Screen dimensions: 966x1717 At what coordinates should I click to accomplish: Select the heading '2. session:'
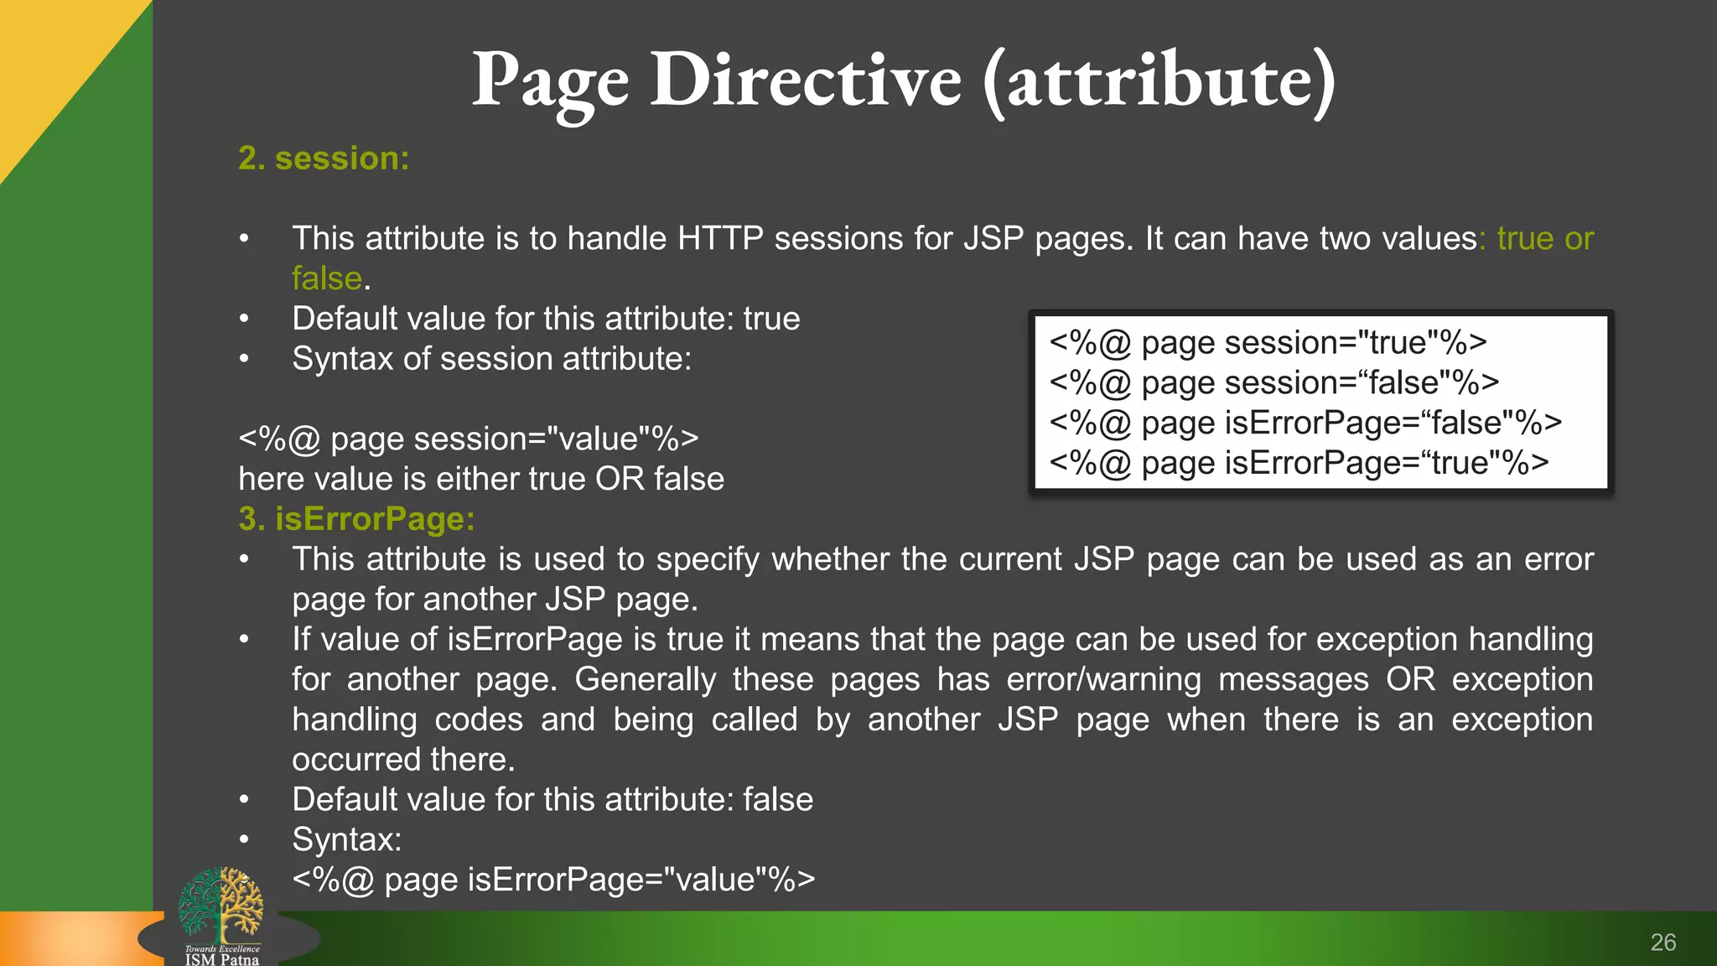coord(324,158)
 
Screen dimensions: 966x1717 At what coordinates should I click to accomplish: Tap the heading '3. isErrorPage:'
coord(356,519)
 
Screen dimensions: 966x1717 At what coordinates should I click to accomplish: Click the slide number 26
coord(1663,943)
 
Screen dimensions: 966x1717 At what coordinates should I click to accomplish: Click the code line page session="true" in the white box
coord(1268,343)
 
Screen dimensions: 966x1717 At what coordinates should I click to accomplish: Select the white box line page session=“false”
coord(1273,383)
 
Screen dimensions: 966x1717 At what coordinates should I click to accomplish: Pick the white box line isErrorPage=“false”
coord(1305,423)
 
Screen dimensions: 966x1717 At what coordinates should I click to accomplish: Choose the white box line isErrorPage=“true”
coord(1299,463)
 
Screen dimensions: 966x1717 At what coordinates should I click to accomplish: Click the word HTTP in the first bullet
coord(720,239)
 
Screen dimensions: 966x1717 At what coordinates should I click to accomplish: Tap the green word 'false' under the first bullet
coord(326,278)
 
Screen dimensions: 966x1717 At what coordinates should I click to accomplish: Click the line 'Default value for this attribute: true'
coord(546,319)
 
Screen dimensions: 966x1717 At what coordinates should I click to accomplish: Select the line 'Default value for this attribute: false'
coord(552,800)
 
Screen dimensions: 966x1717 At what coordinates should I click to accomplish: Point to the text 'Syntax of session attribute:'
coord(491,360)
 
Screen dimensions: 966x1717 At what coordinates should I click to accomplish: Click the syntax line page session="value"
coord(468,439)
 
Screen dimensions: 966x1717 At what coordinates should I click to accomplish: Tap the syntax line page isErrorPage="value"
coord(553,880)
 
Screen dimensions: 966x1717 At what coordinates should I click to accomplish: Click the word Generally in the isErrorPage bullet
coord(645,679)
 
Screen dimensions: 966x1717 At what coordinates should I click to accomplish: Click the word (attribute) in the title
coord(1159,81)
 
